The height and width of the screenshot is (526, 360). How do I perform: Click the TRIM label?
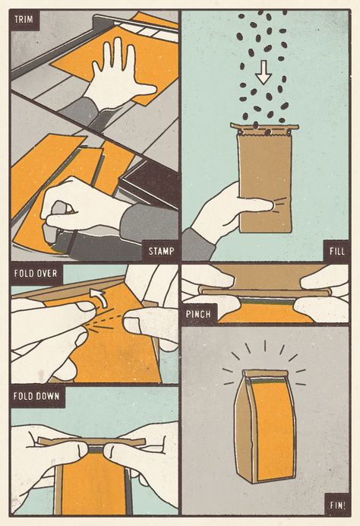pyautogui.click(x=24, y=20)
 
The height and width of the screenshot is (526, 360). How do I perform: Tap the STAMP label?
pyautogui.click(x=161, y=251)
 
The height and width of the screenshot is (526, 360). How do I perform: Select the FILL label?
pyautogui.click(x=337, y=251)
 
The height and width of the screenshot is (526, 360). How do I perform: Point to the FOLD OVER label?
pyautogui.click(x=36, y=274)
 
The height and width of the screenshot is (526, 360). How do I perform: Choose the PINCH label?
pyautogui.click(x=198, y=315)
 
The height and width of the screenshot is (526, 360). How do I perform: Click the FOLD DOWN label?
pyautogui.click(x=36, y=396)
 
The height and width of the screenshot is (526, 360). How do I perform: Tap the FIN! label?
pyautogui.click(x=337, y=505)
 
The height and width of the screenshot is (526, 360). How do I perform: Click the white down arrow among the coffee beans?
pyautogui.click(x=264, y=72)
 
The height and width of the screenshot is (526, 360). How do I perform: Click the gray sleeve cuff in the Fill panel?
pyautogui.click(x=198, y=244)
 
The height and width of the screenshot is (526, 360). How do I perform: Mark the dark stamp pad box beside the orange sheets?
pyautogui.click(x=149, y=183)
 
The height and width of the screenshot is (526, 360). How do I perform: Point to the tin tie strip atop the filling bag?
pyautogui.click(x=264, y=126)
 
